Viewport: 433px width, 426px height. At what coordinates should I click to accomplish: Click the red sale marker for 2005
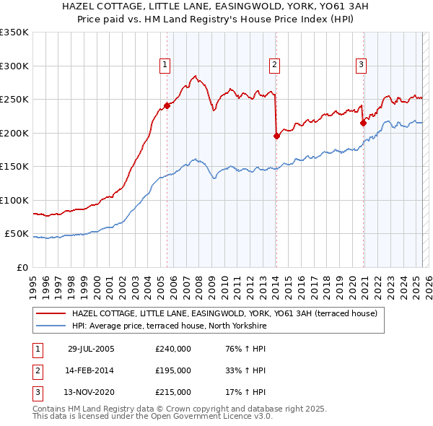pyautogui.click(x=167, y=105)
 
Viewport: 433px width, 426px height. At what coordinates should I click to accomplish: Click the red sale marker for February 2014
pyautogui.click(x=276, y=136)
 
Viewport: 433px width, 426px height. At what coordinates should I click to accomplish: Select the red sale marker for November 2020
pyautogui.click(x=363, y=123)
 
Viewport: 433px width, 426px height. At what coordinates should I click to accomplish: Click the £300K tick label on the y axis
pyautogui.click(x=14, y=66)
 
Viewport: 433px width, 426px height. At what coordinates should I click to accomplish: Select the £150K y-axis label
pyautogui.click(x=14, y=167)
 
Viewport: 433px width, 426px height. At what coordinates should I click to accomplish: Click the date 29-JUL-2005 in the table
pyautogui.click(x=91, y=349)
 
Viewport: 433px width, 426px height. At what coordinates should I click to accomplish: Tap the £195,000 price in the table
pyautogui.click(x=173, y=370)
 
